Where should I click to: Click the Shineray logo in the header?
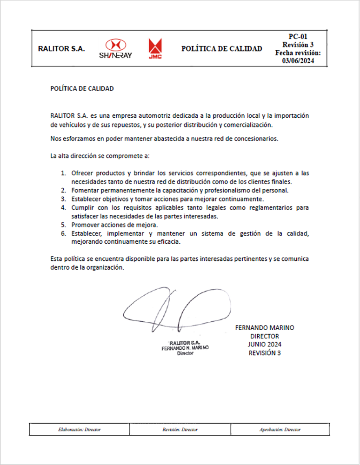(x=115, y=49)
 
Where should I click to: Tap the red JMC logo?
(x=155, y=49)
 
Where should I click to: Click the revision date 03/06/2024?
(x=298, y=61)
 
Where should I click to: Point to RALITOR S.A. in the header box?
(x=61, y=49)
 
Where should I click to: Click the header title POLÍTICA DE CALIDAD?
(x=221, y=49)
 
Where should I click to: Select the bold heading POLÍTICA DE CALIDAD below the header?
(x=82, y=88)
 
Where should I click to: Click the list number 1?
(x=64, y=173)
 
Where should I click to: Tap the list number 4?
(x=64, y=207)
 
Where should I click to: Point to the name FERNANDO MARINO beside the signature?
(x=265, y=327)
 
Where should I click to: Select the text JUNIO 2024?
(x=265, y=344)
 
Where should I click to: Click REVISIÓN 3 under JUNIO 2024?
(x=265, y=353)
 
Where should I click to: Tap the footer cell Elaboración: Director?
(x=80, y=430)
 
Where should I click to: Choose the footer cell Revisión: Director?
(x=180, y=430)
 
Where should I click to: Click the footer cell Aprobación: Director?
(x=280, y=430)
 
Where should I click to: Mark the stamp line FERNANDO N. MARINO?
(x=185, y=348)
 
